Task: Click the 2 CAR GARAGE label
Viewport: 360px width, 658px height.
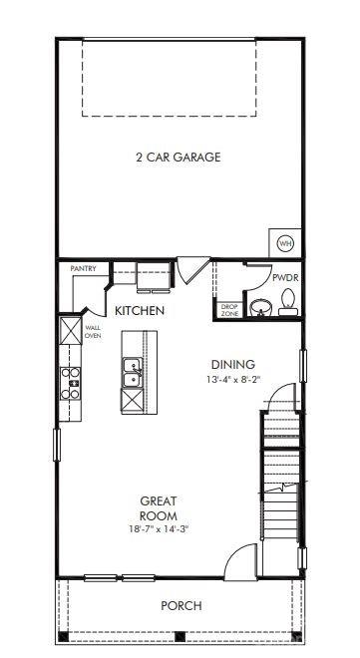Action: pos(179,157)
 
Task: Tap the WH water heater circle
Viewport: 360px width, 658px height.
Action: pos(285,243)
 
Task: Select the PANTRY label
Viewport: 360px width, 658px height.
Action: pos(82,269)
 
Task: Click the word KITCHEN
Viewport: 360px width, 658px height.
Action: pos(140,311)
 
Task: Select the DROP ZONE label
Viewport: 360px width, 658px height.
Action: pos(229,310)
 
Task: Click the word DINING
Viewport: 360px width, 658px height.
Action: pos(232,364)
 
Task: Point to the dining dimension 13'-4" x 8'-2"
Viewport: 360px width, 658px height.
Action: pos(232,379)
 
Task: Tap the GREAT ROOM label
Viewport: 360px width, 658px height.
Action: pos(159,508)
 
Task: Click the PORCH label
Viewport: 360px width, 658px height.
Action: pos(181,605)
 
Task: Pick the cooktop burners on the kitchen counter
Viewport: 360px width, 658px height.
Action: pos(71,382)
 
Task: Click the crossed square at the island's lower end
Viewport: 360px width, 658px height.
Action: pos(132,401)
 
